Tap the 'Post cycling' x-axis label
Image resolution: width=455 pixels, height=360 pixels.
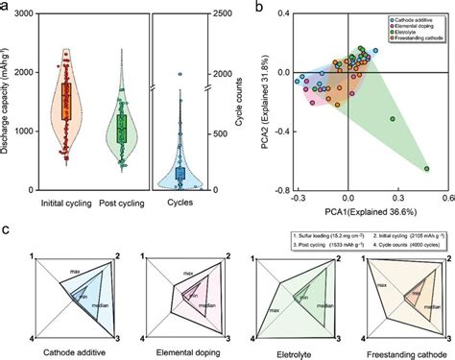[x=122, y=204]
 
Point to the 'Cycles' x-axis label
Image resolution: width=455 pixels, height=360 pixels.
[x=181, y=204]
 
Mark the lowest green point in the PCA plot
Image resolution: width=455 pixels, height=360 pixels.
[x=426, y=169]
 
